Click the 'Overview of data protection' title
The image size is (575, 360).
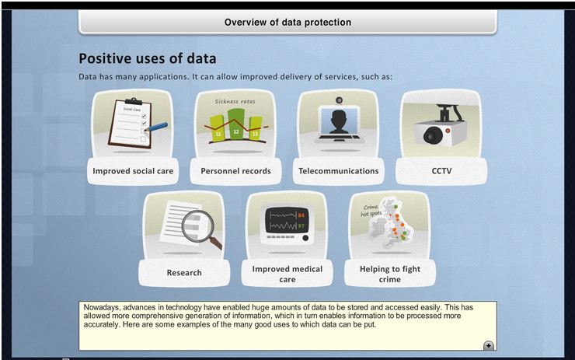click(x=287, y=23)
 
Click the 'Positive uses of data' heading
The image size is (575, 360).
click(x=148, y=59)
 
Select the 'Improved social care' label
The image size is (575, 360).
click(x=133, y=171)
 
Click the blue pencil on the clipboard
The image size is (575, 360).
click(x=156, y=128)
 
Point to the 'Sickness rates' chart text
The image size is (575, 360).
click(x=235, y=101)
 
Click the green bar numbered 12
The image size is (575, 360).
click(x=235, y=124)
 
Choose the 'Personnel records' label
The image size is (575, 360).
click(x=235, y=171)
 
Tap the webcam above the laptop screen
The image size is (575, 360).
click(x=340, y=100)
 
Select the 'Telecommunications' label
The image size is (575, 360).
click(x=339, y=171)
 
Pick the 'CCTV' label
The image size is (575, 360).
click(x=441, y=171)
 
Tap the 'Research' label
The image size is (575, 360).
click(x=184, y=273)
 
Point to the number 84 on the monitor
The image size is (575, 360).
click(x=301, y=215)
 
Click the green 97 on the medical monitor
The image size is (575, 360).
click(x=301, y=225)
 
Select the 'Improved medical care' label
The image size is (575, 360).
click(x=287, y=274)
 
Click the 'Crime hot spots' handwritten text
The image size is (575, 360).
click(x=371, y=210)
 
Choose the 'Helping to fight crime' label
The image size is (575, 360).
click(x=390, y=274)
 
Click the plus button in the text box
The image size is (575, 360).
click(x=489, y=346)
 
